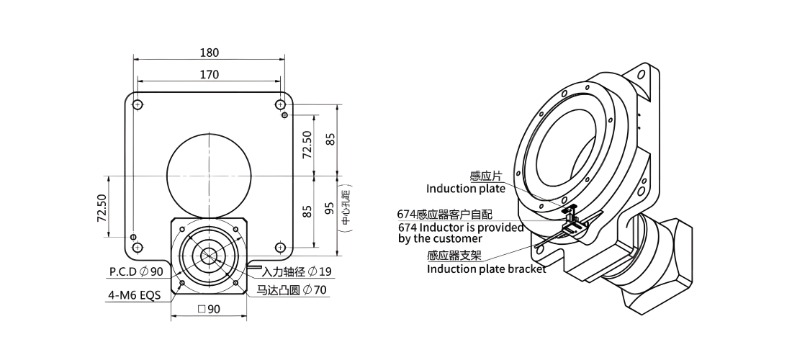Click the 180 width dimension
point(209,53)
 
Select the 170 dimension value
point(209,75)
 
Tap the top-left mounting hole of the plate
point(138,104)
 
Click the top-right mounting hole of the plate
point(280,104)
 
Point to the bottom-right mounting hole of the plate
point(280,247)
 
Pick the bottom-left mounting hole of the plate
point(138,247)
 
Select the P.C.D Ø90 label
point(136,271)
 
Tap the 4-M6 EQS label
point(135,295)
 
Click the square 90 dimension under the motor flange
point(209,309)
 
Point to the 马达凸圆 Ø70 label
point(292,290)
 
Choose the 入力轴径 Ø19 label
point(297,271)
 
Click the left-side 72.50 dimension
point(102,208)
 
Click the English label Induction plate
point(466,189)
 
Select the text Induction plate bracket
point(487,269)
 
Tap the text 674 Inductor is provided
point(461,228)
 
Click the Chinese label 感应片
point(486,176)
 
